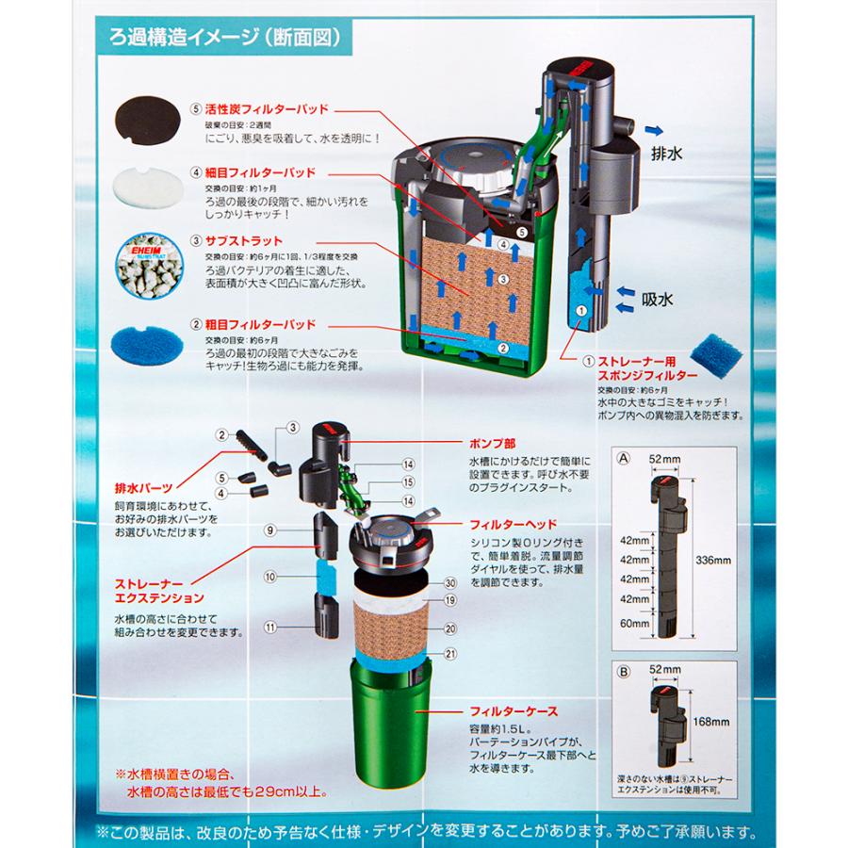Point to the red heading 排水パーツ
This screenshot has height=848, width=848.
tap(141, 486)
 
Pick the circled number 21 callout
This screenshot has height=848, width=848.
tap(449, 654)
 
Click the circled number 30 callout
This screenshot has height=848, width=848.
tap(449, 583)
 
